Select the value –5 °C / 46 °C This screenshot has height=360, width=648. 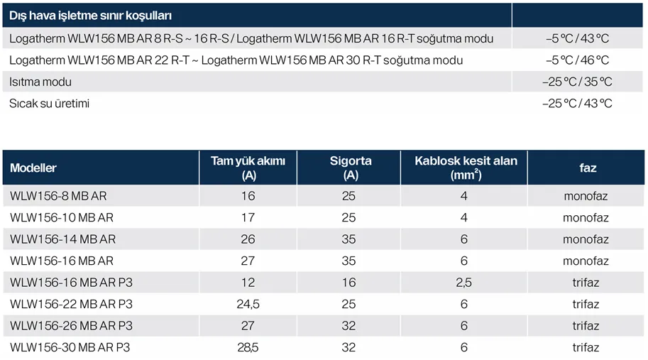tap(576, 60)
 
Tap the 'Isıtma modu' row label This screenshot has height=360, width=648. tap(40, 82)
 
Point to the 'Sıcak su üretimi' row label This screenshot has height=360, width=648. tap(49, 103)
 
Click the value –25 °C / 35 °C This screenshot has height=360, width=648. tap(576, 82)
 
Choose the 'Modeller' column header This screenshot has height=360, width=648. tap(33, 168)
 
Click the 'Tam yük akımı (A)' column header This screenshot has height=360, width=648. tap(248, 168)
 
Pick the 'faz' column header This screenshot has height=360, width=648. tap(587, 168)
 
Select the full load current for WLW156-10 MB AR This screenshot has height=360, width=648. tap(248, 217)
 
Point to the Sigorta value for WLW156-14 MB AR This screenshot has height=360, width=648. tap(348, 239)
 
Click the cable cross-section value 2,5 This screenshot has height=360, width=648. tap(463, 283)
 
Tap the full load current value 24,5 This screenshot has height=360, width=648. tap(248, 305)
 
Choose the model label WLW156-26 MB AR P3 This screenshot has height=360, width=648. tap(71, 326)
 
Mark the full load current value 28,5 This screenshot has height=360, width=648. tap(248, 348)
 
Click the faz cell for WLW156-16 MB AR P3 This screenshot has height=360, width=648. tap(586, 283)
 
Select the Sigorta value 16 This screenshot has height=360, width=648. tap(348, 283)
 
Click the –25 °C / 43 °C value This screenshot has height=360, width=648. tap(576, 103)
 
